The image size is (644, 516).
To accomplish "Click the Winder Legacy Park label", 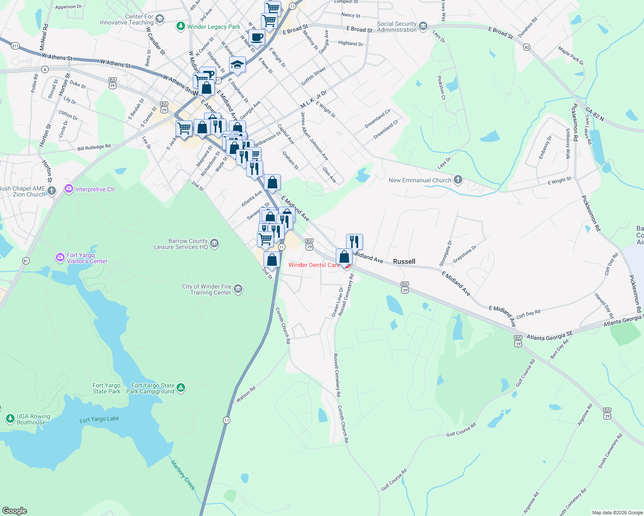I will click(214, 27).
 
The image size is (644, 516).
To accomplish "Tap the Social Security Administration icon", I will click(423, 27).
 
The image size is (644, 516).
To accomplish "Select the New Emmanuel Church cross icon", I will click(458, 180).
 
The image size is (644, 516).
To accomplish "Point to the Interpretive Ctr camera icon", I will click(68, 189).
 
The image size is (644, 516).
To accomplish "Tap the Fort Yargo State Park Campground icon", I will click(181, 388).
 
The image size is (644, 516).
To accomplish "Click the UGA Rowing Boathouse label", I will click(33, 419).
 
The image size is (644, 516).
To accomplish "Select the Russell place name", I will click(404, 261).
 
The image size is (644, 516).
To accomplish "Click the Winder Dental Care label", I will click(314, 265).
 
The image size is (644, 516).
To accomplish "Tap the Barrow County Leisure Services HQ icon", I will click(214, 244).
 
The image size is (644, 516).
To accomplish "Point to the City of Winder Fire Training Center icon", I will click(238, 289).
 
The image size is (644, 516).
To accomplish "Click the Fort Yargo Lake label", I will click(99, 419).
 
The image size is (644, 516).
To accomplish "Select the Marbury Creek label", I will click(183, 475).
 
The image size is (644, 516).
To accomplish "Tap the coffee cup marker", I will click(257, 37).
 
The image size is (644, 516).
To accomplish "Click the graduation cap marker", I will click(237, 65).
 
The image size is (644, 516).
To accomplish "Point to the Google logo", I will click(15, 511).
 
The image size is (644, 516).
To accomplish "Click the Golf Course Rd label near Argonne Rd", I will click(461, 430).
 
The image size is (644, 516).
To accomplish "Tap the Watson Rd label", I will click(246, 394).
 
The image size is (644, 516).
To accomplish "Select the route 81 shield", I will click(26, 261).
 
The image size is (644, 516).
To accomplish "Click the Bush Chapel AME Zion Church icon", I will click(52, 191).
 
